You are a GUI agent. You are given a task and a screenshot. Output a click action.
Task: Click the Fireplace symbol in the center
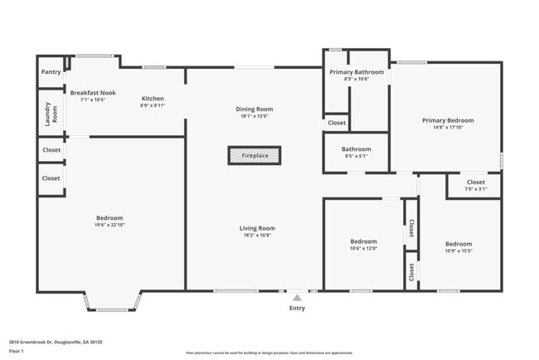[x=255, y=155]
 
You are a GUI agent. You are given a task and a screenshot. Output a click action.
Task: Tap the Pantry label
[x=51, y=72]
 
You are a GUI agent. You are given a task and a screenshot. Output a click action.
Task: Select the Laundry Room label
[x=51, y=113]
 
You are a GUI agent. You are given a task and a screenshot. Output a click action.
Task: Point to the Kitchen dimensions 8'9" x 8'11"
[x=153, y=105]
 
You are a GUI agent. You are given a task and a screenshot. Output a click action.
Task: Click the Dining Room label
[x=255, y=109]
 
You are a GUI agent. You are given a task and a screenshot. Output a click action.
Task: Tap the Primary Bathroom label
[x=357, y=72]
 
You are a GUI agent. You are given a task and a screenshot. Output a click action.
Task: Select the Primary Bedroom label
[x=447, y=119]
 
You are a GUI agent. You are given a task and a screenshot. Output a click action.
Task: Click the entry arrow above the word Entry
[x=297, y=297]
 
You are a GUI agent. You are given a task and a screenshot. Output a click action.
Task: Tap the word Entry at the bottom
[x=297, y=308]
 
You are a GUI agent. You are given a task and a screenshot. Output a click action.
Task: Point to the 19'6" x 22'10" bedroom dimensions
[x=109, y=225]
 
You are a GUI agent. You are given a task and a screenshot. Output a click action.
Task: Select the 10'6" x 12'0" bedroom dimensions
[x=363, y=248]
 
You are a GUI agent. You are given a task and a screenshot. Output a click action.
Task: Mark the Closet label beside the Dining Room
[x=337, y=123]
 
